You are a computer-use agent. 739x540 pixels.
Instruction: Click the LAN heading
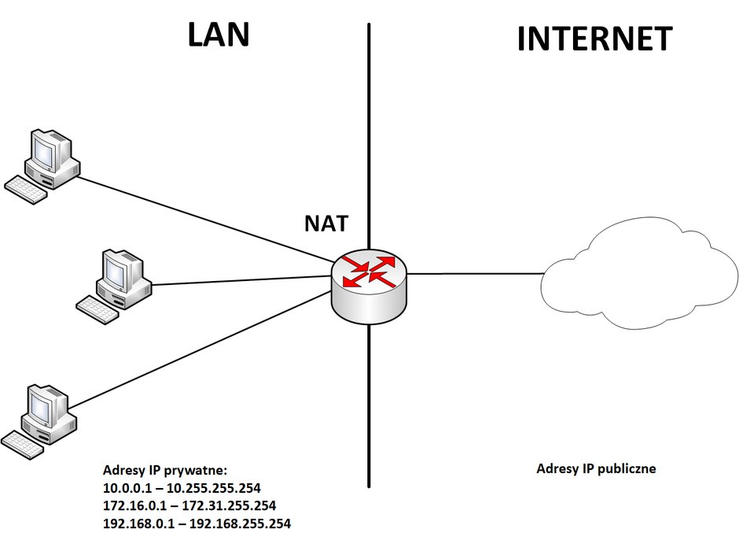pos(219,35)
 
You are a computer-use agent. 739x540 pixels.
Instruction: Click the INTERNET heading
pos(595,39)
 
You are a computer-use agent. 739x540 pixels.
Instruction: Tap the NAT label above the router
pos(326,224)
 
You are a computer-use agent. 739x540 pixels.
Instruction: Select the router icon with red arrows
pos(369,287)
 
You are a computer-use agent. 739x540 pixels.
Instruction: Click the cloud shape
pos(638,273)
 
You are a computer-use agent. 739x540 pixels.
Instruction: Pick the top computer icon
pos(42,167)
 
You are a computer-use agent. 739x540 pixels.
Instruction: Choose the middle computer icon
pos(114,287)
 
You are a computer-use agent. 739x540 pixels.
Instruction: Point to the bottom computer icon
pos(39,421)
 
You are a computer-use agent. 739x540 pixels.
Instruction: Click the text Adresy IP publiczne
pos(596,468)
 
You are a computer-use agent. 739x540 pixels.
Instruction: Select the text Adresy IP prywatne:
pos(165,470)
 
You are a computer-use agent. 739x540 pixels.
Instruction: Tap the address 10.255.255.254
pos(214,487)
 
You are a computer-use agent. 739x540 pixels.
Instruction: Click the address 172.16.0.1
pos(134,505)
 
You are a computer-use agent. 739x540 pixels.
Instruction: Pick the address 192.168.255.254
pos(240,523)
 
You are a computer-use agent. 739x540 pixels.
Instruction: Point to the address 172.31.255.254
pos(229,505)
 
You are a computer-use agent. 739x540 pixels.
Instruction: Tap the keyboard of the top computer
pos(25,190)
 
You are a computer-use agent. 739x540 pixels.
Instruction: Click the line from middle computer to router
pos(243,280)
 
